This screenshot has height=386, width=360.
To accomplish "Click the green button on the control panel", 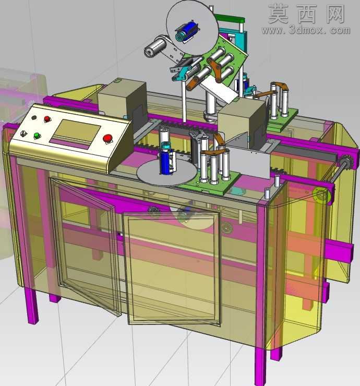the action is [x=37, y=136].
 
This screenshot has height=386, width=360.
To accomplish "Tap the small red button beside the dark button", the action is [x=47, y=119].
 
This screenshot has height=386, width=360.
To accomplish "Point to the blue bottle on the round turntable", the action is [x=166, y=158].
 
